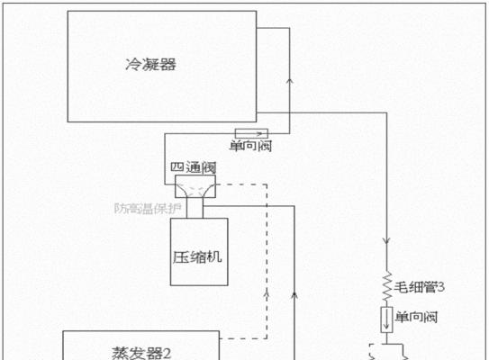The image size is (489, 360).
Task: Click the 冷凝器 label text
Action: point(151,65)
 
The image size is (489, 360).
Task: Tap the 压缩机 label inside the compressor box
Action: point(197,257)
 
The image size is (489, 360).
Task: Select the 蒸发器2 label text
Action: point(141,354)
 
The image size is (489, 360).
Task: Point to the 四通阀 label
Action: point(194,167)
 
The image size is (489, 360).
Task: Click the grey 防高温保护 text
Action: point(148,209)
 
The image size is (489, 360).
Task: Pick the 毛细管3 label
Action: point(419,287)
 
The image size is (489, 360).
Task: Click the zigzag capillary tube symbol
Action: point(387,287)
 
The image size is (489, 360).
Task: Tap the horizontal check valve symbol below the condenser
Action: point(251,133)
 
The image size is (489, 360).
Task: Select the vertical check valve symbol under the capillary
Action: point(386,319)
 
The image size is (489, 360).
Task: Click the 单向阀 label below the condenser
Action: point(250,146)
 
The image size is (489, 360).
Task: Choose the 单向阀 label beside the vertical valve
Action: point(416,317)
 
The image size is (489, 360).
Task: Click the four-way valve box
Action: point(195,186)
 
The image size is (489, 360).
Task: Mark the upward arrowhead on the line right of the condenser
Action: point(290,81)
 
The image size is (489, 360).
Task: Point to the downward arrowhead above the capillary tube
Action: point(386,241)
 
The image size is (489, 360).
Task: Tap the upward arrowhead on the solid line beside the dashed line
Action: point(294,295)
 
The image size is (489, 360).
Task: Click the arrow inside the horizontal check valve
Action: point(259,134)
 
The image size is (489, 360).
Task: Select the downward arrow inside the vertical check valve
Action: point(386,319)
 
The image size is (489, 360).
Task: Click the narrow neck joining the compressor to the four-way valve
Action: point(195,208)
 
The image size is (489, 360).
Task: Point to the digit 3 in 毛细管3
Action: point(441,287)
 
